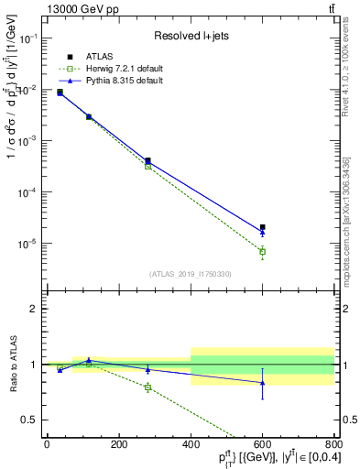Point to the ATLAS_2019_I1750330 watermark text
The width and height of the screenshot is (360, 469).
click(191, 274)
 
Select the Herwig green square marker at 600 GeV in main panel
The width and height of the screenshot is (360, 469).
click(262, 251)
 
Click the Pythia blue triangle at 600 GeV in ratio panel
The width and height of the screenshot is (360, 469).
click(262, 382)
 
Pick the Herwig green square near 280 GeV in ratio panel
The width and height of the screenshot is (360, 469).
click(147, 387)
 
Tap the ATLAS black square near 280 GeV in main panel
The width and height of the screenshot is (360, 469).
click(147, 160)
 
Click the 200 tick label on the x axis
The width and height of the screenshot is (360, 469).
click(118, 444)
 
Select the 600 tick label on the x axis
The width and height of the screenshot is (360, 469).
click(262, 444)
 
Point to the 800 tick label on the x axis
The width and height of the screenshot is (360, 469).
click(333, 444)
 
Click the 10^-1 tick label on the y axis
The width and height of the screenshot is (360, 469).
click(27, 38)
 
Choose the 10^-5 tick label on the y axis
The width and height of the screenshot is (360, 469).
click(27, 244)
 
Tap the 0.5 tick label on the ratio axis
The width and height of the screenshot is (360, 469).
click(27, 420)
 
